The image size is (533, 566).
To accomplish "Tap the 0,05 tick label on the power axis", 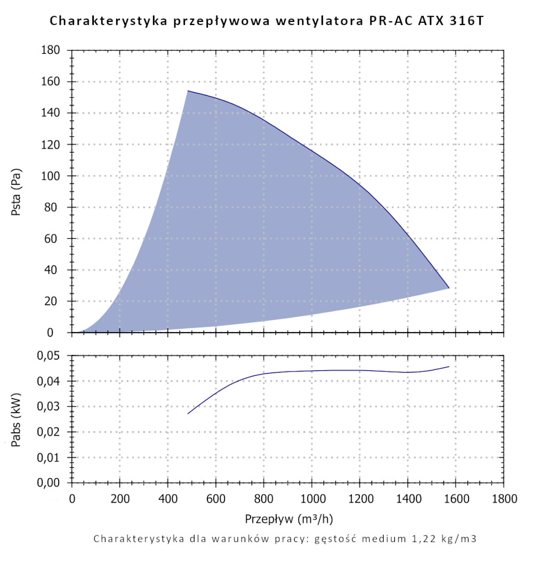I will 51,355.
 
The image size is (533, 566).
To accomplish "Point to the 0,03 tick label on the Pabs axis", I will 51,407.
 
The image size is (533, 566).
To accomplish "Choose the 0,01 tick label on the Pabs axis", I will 51,457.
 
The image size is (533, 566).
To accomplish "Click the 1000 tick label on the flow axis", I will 312,499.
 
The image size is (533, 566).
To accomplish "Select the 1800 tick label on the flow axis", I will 504,499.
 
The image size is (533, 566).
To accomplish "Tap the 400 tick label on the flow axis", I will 168,499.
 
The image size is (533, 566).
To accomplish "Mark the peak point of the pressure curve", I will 188,91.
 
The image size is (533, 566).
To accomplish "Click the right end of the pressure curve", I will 449,288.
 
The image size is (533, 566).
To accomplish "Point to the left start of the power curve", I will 188,414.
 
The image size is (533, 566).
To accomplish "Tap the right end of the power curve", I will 449,367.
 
